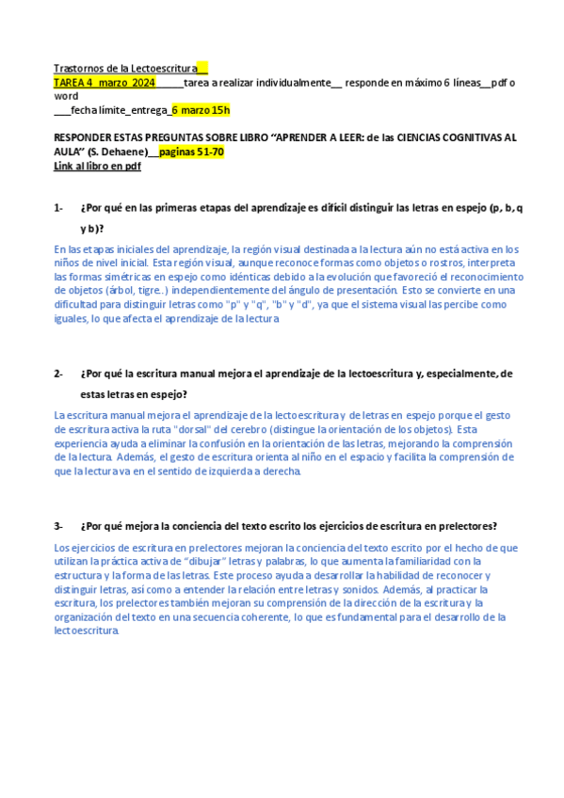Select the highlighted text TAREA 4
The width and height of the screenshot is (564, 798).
click(73, 83)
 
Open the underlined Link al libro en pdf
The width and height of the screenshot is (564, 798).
click(97, 166)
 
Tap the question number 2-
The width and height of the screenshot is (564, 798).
click(58, 374)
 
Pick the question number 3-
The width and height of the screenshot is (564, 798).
click(58, 526)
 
